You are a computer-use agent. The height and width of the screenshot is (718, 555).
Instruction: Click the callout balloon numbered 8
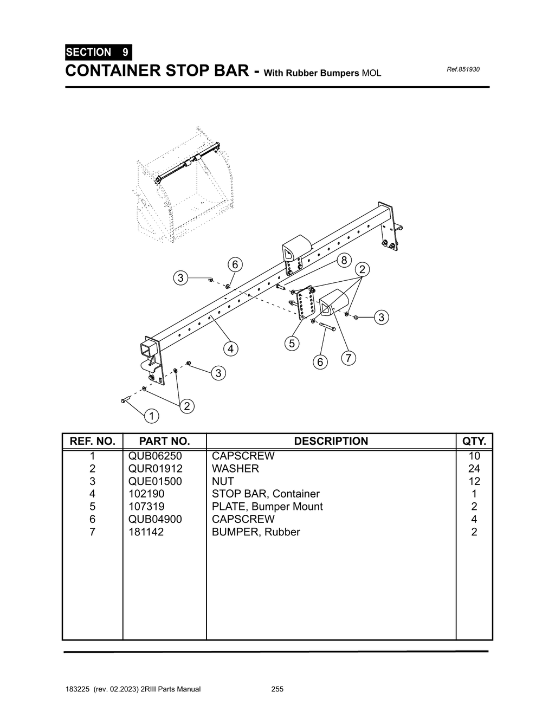click(344, 260)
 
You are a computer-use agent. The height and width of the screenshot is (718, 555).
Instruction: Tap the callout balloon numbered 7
click(349, 358)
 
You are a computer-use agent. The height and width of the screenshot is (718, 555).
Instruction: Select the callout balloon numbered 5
click(292, 343)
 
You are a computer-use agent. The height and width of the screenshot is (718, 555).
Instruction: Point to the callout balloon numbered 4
click(231, 348)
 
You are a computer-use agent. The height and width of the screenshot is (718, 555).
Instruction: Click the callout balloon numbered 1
click(152, 416)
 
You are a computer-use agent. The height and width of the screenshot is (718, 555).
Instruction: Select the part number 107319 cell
click(146, 507)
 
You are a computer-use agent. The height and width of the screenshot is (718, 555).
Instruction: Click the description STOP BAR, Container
click(266, 494)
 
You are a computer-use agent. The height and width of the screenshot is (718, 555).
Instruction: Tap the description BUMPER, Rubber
click(256, 532)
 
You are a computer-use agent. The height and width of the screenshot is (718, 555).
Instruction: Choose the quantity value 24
click(474, 469)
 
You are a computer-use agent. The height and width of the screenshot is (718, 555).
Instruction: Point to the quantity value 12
click(474, 481)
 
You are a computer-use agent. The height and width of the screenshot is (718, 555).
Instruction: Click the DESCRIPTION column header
click(331, 441)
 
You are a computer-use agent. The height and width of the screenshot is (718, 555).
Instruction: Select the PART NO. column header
click(164, 441)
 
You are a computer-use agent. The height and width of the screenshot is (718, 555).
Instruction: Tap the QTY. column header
click(474, 441)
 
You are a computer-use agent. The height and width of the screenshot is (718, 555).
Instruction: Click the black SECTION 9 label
click(98, 53)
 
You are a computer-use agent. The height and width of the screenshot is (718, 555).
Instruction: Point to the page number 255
click(277, 689)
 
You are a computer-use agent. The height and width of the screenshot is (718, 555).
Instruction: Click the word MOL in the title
click(371, 73)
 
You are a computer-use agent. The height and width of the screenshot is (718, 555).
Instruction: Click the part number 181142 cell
click(146, 532)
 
